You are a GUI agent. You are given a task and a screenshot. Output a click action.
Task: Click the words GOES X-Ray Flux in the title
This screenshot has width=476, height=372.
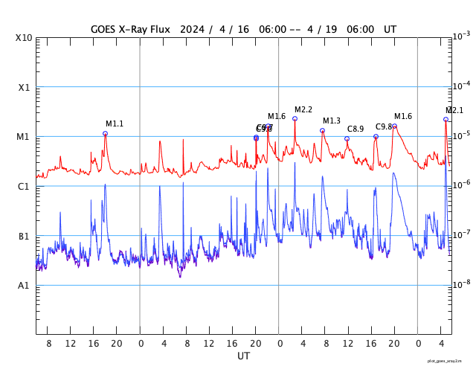click(x=131, y=29)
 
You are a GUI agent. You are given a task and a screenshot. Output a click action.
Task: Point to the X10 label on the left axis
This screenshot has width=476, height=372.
click(x=25, y=38)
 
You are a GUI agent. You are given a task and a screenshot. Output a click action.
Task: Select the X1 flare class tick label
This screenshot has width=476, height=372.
click(x=25, y=87)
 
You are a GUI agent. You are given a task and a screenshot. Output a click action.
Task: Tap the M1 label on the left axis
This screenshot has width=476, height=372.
click(x=25, y=137)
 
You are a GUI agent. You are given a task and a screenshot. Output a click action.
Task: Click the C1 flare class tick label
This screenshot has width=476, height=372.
click(x=25, y=187)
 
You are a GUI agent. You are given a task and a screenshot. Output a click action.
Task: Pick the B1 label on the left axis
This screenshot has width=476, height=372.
click(x=25, y=237)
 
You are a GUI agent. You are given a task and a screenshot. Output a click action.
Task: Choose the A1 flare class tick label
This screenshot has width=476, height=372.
click(x=25, y=286)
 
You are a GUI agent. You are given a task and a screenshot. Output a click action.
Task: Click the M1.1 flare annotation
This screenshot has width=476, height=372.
click(x=115, y=124)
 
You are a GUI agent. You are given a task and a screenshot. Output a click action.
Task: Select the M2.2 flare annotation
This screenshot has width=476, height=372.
click(x=303, y=110)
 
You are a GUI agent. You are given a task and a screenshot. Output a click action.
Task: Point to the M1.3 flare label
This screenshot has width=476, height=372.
click(x=332, y=121)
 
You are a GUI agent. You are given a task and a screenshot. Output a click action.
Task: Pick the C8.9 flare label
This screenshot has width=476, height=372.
click(x=356, y=129)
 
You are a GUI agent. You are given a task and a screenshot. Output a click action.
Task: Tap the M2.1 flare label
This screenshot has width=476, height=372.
click(x=454, y=111)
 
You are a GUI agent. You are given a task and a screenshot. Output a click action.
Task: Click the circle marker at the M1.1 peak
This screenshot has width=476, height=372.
click(x=105, y=134)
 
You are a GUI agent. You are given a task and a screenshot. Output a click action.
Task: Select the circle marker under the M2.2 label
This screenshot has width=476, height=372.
click(x=295, y=118)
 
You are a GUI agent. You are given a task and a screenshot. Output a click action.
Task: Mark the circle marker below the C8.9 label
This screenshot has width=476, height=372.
click(x=347, y=138)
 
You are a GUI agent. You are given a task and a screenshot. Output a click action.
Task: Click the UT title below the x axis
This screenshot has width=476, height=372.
click(x=244, y=356)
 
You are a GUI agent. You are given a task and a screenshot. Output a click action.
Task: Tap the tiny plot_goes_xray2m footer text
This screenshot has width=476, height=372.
click(x=449, y=361)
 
